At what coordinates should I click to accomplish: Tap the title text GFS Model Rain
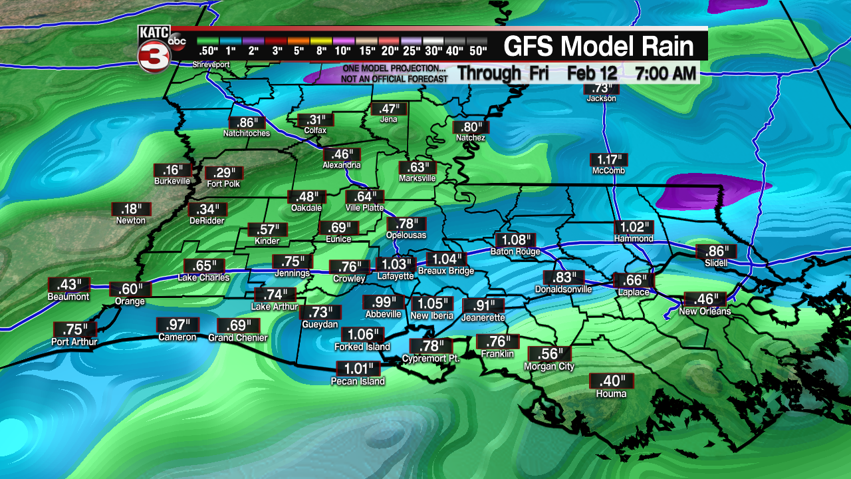(598, 47)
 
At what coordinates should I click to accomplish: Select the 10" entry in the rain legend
(343, 51)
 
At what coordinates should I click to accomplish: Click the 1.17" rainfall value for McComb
(608, 160)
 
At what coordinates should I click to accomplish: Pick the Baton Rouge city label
(515, 251)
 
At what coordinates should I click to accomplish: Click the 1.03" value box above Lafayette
(396, 264)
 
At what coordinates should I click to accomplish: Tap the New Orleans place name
(705, 311)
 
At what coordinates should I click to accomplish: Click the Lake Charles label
(203, 277)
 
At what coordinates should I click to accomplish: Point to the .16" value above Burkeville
(172, 170)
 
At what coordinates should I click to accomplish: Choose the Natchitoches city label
(246, 133)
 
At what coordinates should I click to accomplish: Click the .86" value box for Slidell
(716, 251)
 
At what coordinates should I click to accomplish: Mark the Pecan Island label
(358, 381)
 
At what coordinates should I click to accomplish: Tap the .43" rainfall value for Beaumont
(68, 285)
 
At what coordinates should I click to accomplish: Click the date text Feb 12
(592, 73)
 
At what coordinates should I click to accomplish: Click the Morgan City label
(549, 367)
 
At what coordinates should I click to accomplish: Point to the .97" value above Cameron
(177, 325)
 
